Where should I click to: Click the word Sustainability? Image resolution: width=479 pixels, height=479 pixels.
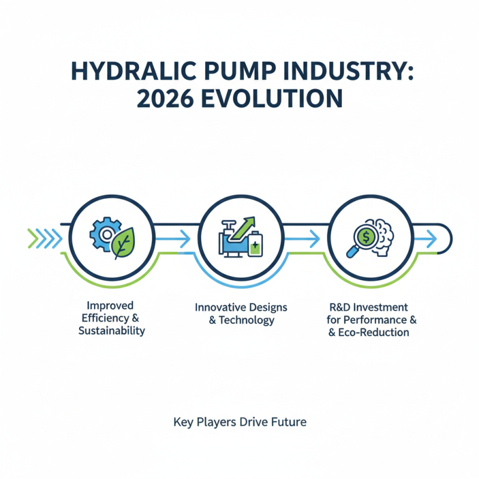click(x=112, y=331)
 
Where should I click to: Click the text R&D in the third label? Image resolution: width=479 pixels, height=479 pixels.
click(x=339, y=307)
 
